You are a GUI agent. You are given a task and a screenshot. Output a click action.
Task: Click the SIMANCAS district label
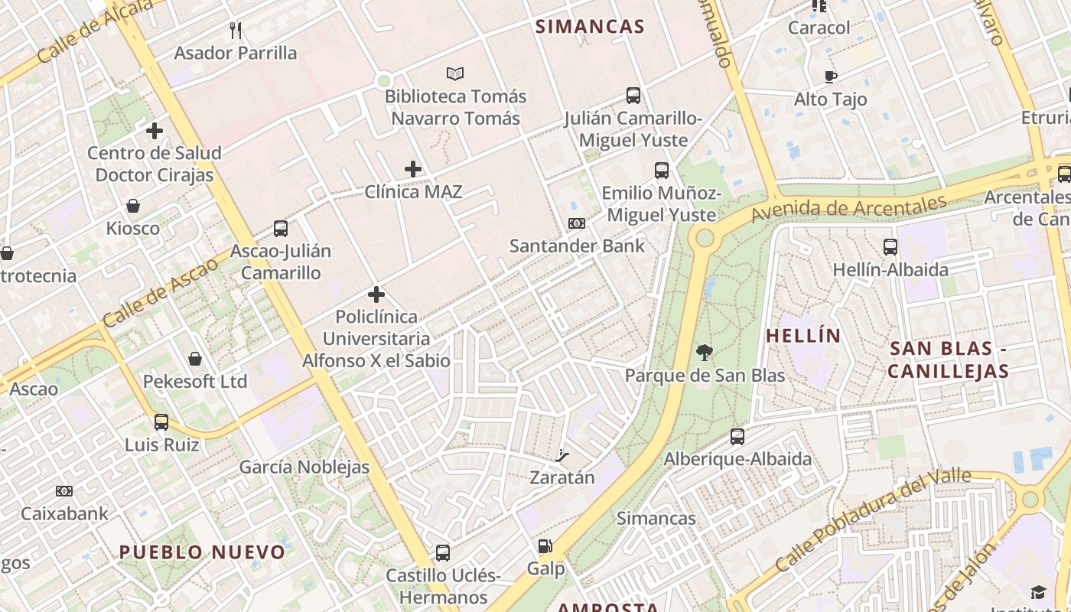click(590, 27)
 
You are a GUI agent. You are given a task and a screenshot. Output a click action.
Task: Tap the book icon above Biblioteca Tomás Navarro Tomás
click(455, 74)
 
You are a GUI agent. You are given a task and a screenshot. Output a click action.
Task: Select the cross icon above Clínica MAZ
click(413, 169)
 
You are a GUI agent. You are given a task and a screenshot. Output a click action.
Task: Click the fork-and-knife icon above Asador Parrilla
click(236, 31)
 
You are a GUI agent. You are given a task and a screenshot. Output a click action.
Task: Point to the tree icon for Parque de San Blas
click(705, 353)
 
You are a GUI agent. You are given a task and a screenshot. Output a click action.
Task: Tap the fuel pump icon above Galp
click(545, 546)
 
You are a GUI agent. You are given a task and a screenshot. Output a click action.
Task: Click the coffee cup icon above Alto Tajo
click(831, 76)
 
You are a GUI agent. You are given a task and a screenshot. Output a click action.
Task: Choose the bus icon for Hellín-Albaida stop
click(890, 247)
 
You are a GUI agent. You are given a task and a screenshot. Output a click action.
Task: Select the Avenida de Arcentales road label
click(849, 207)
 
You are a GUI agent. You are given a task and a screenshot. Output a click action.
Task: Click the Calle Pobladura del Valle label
click(873, 520)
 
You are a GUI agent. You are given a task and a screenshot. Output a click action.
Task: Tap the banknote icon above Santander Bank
click(577, 223)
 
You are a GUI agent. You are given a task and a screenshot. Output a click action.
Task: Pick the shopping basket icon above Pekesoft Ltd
click(195, 359)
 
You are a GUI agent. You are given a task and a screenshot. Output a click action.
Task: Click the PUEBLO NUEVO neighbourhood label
click(202, 552)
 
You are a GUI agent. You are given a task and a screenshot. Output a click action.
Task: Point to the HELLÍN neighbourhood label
click(803, 336)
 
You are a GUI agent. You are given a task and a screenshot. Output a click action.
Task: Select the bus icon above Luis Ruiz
click(161, 422)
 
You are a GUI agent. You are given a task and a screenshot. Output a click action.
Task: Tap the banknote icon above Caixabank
click(64, 491)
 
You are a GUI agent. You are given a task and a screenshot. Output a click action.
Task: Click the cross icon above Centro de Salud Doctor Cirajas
click(155, 131)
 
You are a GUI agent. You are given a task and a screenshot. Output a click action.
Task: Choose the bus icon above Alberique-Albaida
click(737, 437)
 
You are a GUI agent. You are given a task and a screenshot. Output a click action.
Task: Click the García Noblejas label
click(304, 467)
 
